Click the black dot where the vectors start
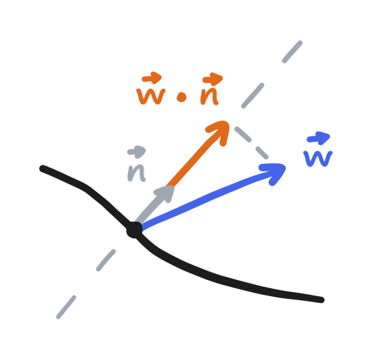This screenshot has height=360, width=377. click(134, 230)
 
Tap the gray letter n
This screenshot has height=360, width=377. click(137, 172)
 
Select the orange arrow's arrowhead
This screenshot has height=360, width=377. click(221, 128)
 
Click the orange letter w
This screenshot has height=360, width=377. click(151, 96)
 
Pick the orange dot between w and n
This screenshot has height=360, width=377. click(181, 98)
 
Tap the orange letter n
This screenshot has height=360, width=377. click(209, 97)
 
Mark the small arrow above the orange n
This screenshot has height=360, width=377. click(212, 78)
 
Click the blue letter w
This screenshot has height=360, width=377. click(317, 159)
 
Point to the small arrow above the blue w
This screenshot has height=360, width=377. click(319, 138)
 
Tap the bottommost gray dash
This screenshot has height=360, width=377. click(66, 308)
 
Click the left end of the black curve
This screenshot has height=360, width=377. click(43, 168)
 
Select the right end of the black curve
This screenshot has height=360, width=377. click(321, 300)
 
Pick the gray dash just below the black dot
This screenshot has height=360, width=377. click(106, 260)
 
